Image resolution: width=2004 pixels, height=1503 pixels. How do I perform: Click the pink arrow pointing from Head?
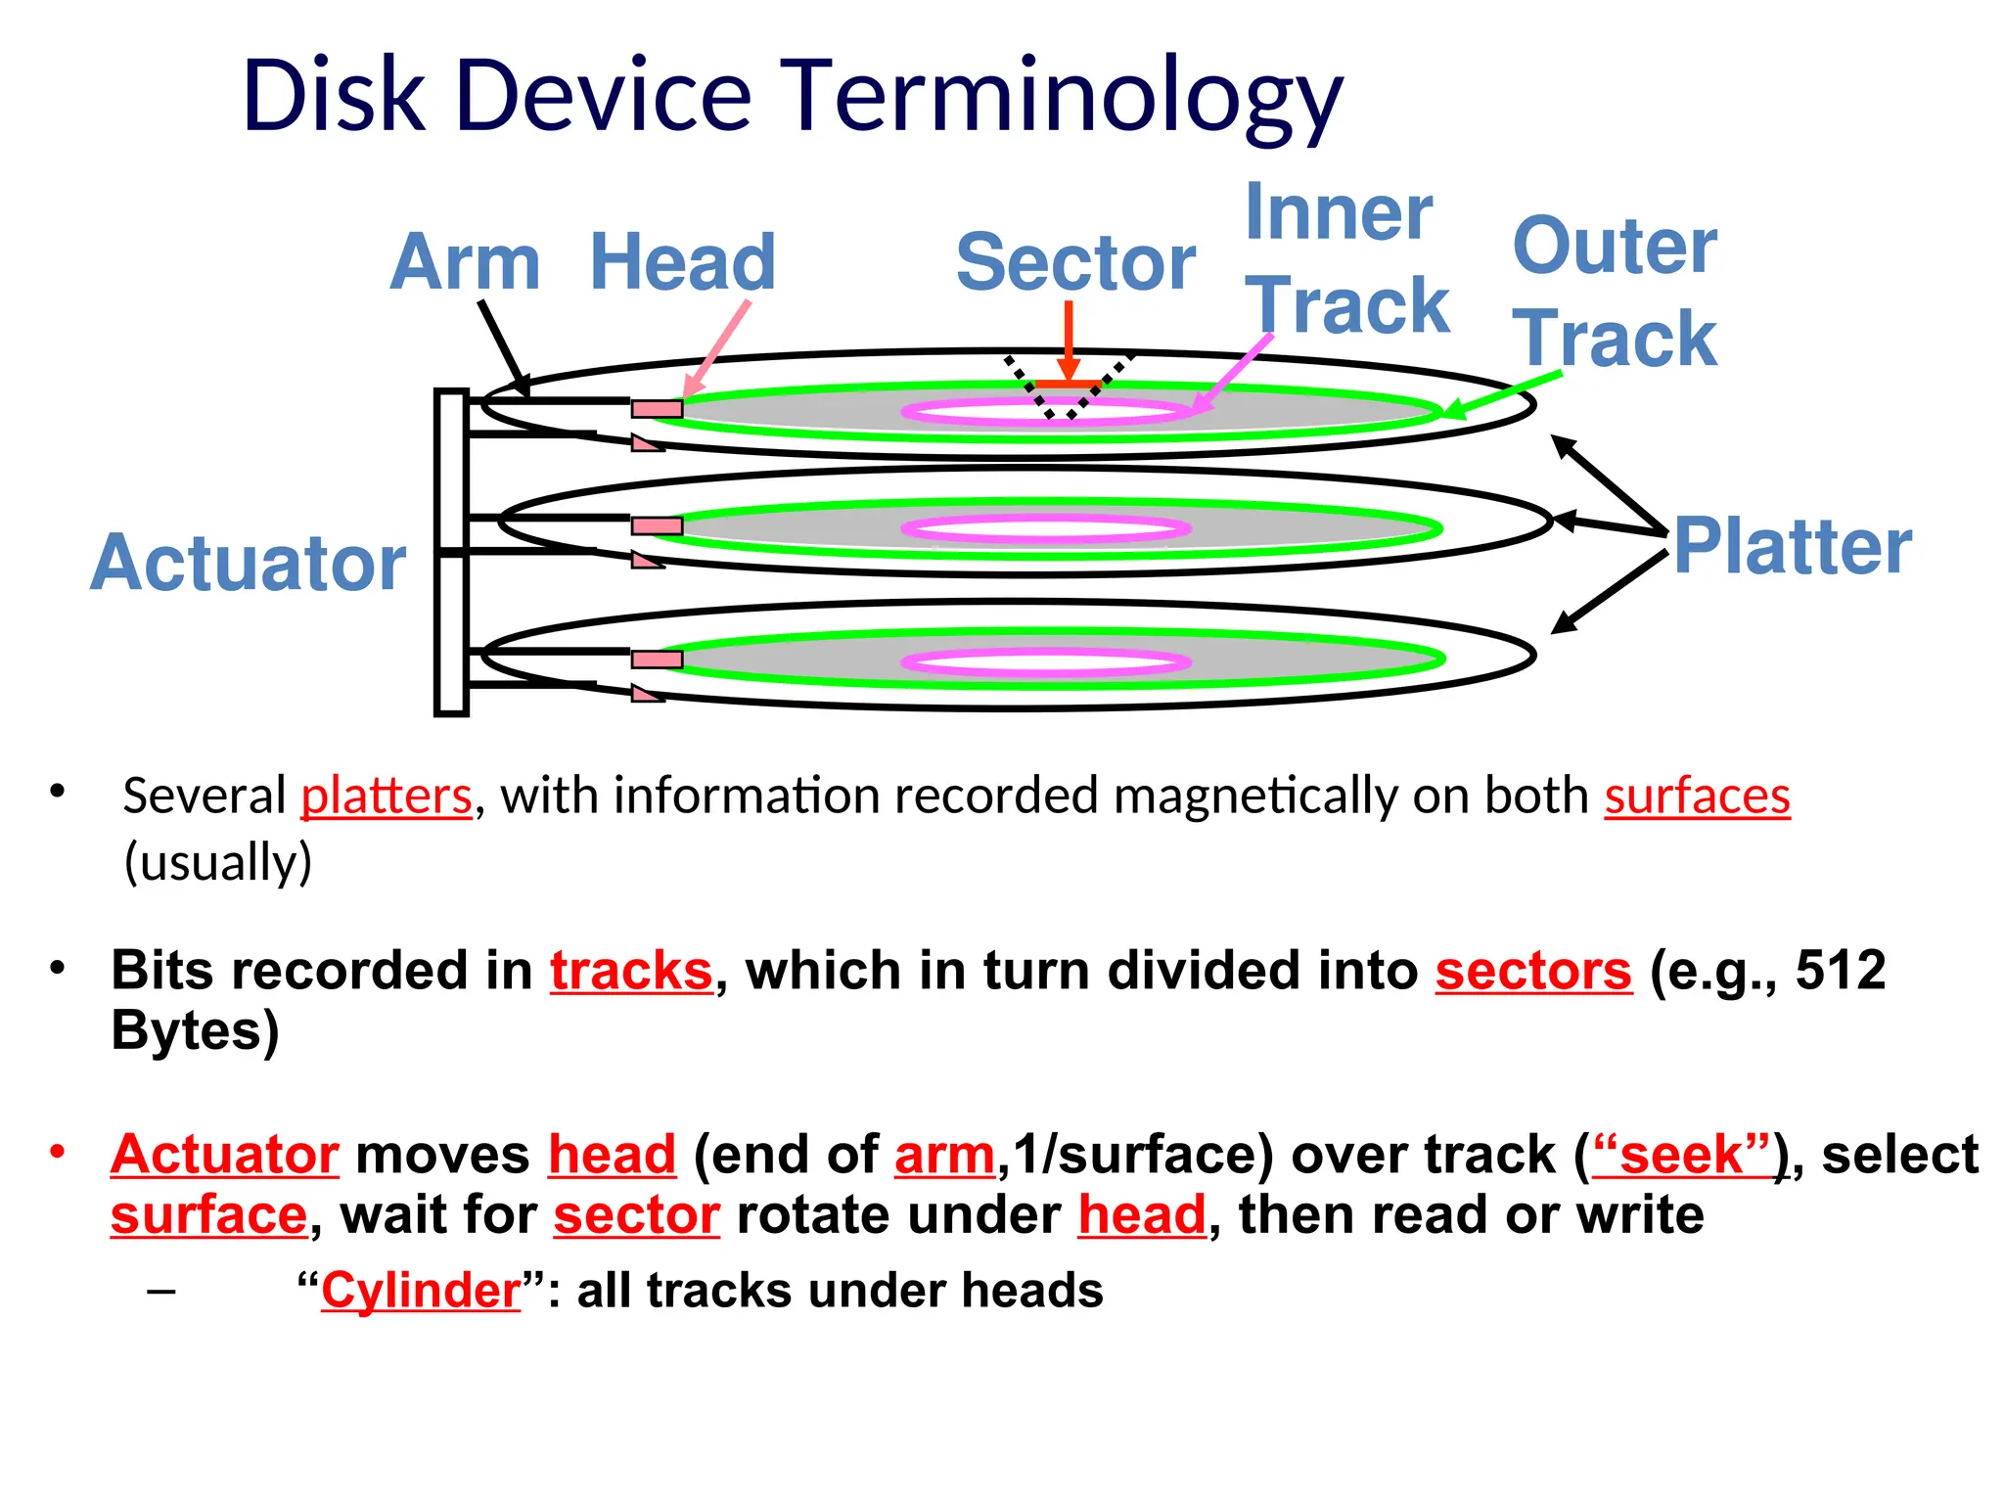(x=716, y=348)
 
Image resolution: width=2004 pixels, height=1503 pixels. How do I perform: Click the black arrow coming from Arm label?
(x=504, y=348)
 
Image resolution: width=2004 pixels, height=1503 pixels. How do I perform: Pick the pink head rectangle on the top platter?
(x=657, y=409)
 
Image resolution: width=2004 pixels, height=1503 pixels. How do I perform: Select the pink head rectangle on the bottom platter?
(x=657, y=660)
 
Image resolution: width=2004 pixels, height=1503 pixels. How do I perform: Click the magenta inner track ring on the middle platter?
(x=1045, y=529)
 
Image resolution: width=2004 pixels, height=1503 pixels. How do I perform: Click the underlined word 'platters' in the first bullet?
(x=387, y=796)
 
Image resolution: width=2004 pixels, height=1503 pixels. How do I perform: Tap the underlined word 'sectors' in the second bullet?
(x=1533, y=971)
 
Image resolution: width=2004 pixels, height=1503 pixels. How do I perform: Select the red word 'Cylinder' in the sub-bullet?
(x=421, y=1291)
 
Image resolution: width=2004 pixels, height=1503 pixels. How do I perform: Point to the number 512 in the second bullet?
(x=1841, y=971)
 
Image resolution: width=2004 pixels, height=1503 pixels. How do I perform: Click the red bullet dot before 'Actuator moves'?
(x=58, y=1151)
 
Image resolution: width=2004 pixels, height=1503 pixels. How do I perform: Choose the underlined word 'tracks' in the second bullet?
(x=631, y=971)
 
